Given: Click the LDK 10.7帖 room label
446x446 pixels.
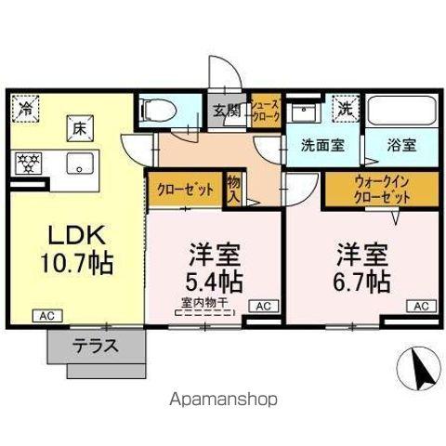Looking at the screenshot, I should (x=75, y=248).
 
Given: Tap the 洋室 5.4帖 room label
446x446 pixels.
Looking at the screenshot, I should (x=216, y=266).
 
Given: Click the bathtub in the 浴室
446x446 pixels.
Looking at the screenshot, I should (x=402, y=111).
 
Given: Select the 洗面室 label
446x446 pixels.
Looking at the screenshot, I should (x=321, y=147).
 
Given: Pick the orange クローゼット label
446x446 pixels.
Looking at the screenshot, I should (x=185, y=190).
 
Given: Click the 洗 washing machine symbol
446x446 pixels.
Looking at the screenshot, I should (x=345, y=108).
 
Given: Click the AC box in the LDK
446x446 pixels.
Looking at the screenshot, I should (x=46, y=316).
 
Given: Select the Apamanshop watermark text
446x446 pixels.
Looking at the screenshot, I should (x=223, y=400).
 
